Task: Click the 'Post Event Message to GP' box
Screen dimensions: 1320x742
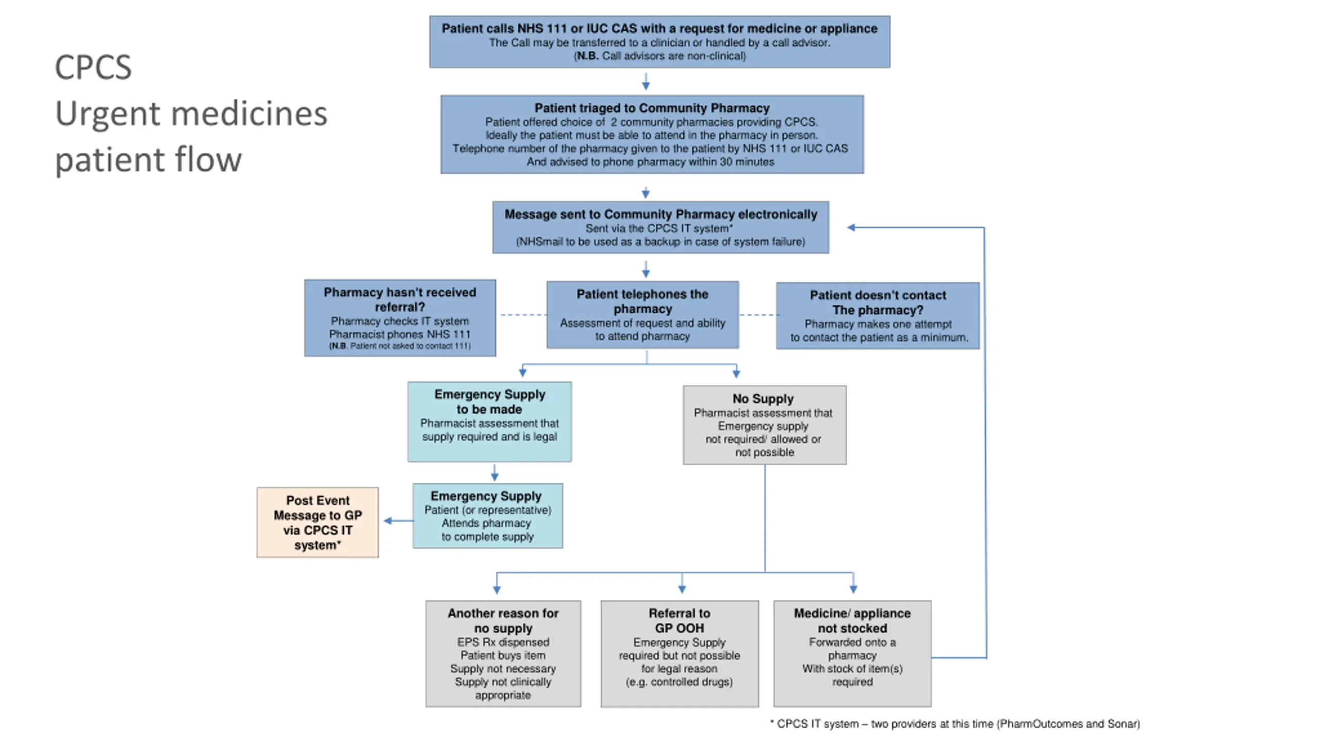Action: tap(318, 522)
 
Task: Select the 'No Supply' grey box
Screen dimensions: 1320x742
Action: tap(765, 425)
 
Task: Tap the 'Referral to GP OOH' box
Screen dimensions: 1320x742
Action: tap(680, 653)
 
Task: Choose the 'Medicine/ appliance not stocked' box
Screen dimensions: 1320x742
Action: tap(852, 653)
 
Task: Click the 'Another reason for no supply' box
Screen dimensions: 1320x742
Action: tap(503, 653)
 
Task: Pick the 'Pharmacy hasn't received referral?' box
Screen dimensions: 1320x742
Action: tap(400, 318)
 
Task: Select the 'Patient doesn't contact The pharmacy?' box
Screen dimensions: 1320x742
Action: tap(878, 316)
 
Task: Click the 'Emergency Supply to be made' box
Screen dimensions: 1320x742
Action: tap(489, 421)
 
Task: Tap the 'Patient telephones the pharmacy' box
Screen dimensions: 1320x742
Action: tap(642, 315)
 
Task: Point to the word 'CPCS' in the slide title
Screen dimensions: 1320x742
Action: tap(93, 67)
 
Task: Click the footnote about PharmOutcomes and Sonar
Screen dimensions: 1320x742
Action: tap(955, 724)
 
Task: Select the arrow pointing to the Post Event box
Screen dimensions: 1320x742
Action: tap(399, 521)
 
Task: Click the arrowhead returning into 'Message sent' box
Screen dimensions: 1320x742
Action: tap(851, 227)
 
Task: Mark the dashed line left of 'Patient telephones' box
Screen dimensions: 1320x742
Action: tap(523, 314)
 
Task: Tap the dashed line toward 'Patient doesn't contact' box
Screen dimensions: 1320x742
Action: tap(758, 314)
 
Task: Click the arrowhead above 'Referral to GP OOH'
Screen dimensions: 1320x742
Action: tap(682, 589)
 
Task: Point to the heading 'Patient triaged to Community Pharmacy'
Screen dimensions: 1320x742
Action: tap(652, 108)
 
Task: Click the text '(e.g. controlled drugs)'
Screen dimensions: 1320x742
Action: tap(679, 682)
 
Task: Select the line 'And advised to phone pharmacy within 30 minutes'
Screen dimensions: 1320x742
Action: tap(650, 162)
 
